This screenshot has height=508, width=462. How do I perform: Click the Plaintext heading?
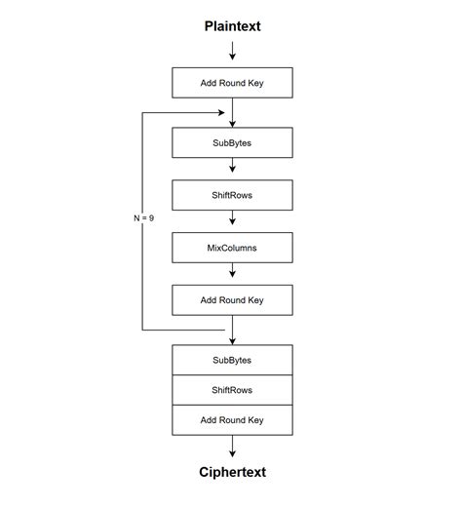pyautogui.click(x=232, y=26)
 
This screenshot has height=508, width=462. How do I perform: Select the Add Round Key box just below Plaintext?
pyautogui.click(x=232, y=83)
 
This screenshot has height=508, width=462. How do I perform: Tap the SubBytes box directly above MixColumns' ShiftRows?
pyautogui.click(x=232, y=142)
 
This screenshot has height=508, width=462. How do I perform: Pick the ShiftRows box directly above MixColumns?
pyautogui.click(x=232, y=195)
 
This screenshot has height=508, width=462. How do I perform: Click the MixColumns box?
pyautogui.click(x=232, y=248)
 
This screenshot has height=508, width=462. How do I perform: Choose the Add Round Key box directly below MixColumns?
pyautogui.click(x=232, y=300)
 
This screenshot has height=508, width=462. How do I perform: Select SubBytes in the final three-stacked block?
pyautogui.click(x=232, y=360)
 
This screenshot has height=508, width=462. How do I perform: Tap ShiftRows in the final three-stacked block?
pyautogui.click(x=232, y=390)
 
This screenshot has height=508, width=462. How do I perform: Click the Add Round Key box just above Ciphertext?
pyautogui.click(x=232, y=420)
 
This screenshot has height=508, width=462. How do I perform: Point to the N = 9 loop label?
pyautogui.click(x=143, y=218)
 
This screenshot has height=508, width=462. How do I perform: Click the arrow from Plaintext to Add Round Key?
pyautogui.click(x=232, y=52)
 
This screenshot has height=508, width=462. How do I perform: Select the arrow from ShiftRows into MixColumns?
pyautogui.click(x=232, y=221)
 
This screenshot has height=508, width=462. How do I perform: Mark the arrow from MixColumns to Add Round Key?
pyautogui.click(x=232, y=274)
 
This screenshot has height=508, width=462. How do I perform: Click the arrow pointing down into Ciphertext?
pyautogui.click(x=232, y=448)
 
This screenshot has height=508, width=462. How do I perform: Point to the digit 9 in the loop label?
pyautogui.click(x=151, y=218)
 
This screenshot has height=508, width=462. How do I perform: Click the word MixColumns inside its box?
pyautogui.click(x=232, y=248)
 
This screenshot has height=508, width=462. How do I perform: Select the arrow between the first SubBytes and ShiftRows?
pyautogui.click(x=232, y=169)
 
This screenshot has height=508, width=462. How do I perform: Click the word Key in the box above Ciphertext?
pyautogui.click(x=254, y=420)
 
